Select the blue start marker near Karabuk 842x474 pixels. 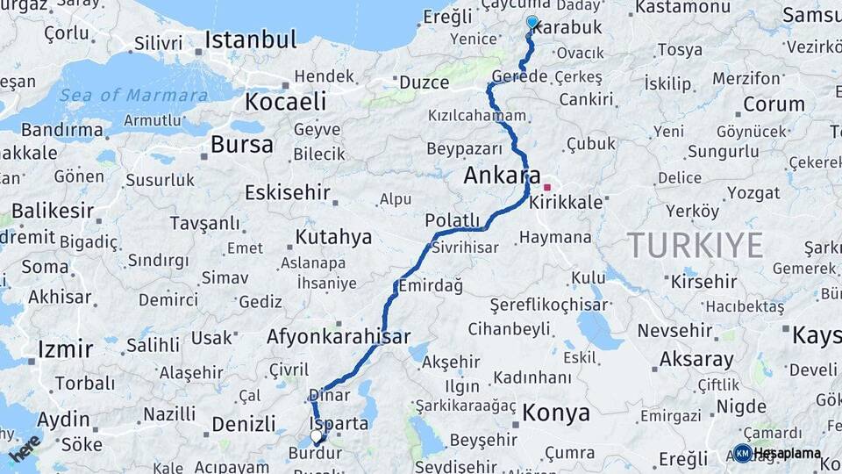click(x=532, y=22)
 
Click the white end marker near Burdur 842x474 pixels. click(x=316, y=435)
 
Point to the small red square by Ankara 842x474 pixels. click(x=546, y=187)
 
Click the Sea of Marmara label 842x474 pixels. click(x=133, y=95)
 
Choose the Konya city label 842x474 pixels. click(x=557, y=411)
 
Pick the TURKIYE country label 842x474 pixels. click(x=694, y=245)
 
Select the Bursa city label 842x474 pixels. click(x=241, y=144)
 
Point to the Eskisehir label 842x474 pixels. click(x=288, y=192)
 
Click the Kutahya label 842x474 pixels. click(x=333, y=237)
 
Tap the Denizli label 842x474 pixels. click(x=244, y=424)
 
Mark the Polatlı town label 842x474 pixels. click(x=453, y=220)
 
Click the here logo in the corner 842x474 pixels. click(x=25, y=448)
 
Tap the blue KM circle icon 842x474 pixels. click(x=742, y=453)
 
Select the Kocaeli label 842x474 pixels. click(x=285, y=102)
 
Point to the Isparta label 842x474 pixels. click(x=339, y=424)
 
